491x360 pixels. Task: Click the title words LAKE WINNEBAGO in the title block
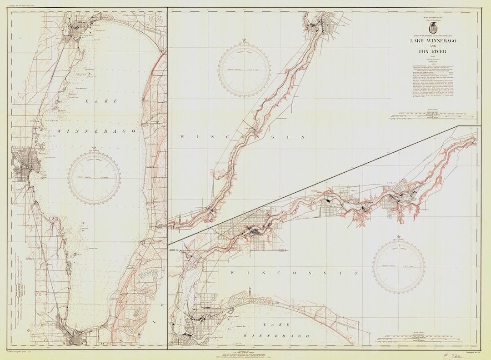pos(433,41)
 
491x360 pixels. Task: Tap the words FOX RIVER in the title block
pos(433,52)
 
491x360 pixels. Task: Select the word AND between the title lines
pos(433,46)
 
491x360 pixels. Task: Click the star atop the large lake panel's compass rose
pos(94,148)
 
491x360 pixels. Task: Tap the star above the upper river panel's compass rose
pos(244,40)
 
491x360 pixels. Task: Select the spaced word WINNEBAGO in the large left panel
pos(96,131)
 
